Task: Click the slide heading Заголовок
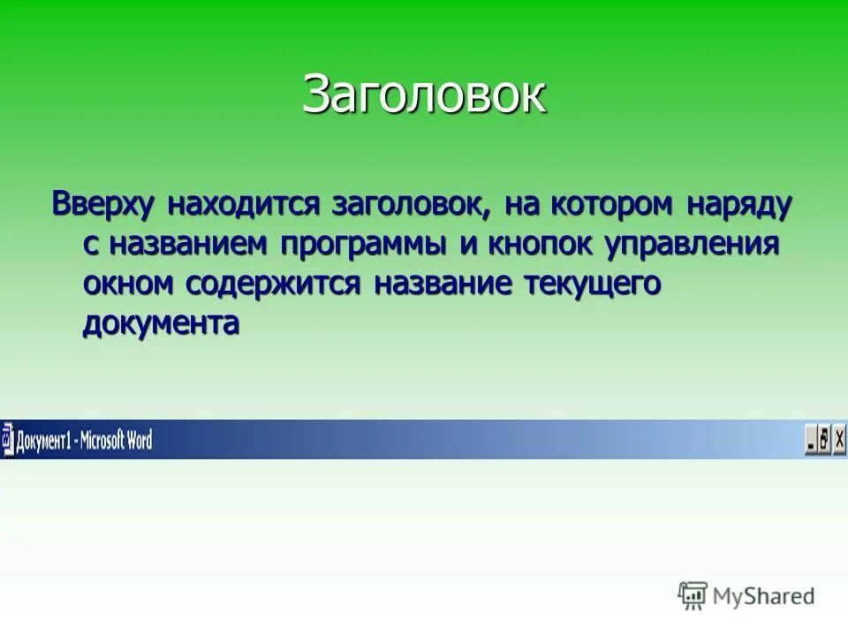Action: coord(424,95)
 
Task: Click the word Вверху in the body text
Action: coord(103,203)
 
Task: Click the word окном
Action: coord(129,284)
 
